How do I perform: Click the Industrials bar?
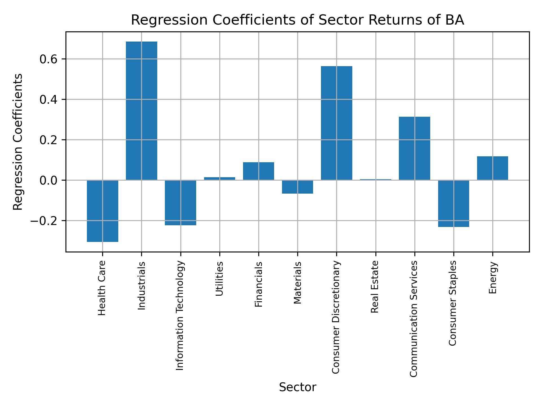click(x=141, y=111)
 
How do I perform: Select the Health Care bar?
click(x=102, y=211)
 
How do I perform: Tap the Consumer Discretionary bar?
click(x=336, y=123)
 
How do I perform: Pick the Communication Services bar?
click(x=414, y=148)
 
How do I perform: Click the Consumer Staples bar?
click(x=453, y=203)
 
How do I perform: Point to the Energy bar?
click(x=492, y=168)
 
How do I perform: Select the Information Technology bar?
click(x=180, y=203)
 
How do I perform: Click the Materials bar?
click(x=298, y=187)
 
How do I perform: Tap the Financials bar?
click(x=259, y=171)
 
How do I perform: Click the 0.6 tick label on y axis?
click(x=49, y=59)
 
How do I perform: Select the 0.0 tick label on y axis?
click(x=49, y=180)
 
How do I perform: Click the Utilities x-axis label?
click(x=219, y=279)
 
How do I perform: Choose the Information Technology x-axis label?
click(x=180, y=315)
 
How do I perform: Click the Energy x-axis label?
click(x=493, y=278)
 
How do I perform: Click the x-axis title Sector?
click(x=298, y=387)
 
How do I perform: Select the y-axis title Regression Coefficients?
click(x=18, y=142)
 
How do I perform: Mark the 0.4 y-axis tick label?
click(x=49, y=100)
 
